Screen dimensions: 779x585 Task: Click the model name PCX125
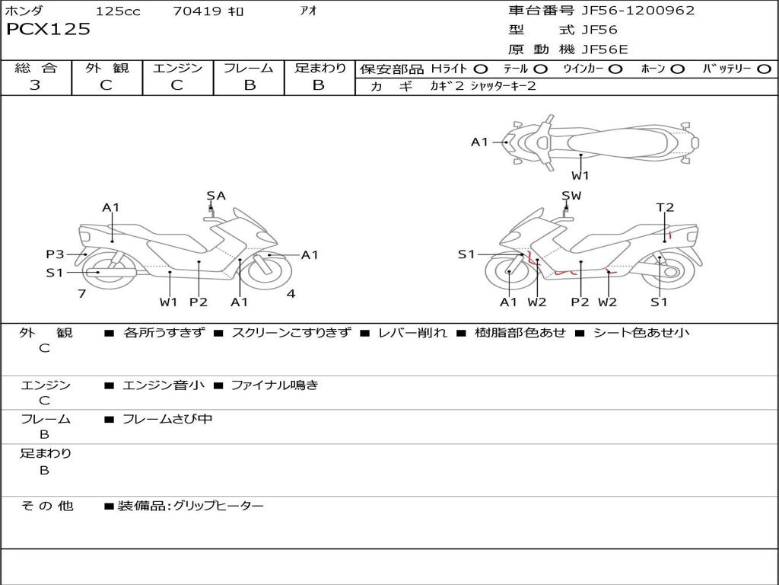[x=48, y=30]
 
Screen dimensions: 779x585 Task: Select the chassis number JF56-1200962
[x=628, y=11]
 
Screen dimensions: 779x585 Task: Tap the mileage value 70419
[x=197, y=11]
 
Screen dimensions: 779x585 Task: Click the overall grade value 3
[x=35, y=85]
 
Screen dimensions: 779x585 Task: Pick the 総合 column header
[x=36, y=69]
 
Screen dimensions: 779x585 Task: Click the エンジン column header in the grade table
[x=177, y=69]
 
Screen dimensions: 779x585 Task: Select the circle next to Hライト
[x=481, y=69]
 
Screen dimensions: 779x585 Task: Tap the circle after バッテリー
[x=764, y=69]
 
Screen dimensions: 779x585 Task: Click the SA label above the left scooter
[x=216, y=196]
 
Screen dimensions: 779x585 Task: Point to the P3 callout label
[x=55, y=254]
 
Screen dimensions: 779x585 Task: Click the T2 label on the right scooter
[x=665, y=207]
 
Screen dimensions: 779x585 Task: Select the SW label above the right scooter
[x=571, y=196]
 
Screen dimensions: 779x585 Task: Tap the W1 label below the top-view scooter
[x=581, y=175]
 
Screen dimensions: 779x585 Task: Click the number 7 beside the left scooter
[x=81, y=294]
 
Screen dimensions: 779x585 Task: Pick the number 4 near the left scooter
[x=291, y=294]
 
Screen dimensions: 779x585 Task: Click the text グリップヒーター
[x=218, y=506]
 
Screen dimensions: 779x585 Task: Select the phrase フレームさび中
[x=167, y=419]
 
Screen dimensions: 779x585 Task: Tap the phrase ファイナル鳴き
[x=274, y=385]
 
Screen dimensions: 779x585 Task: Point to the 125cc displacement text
[x=118, y=11]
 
